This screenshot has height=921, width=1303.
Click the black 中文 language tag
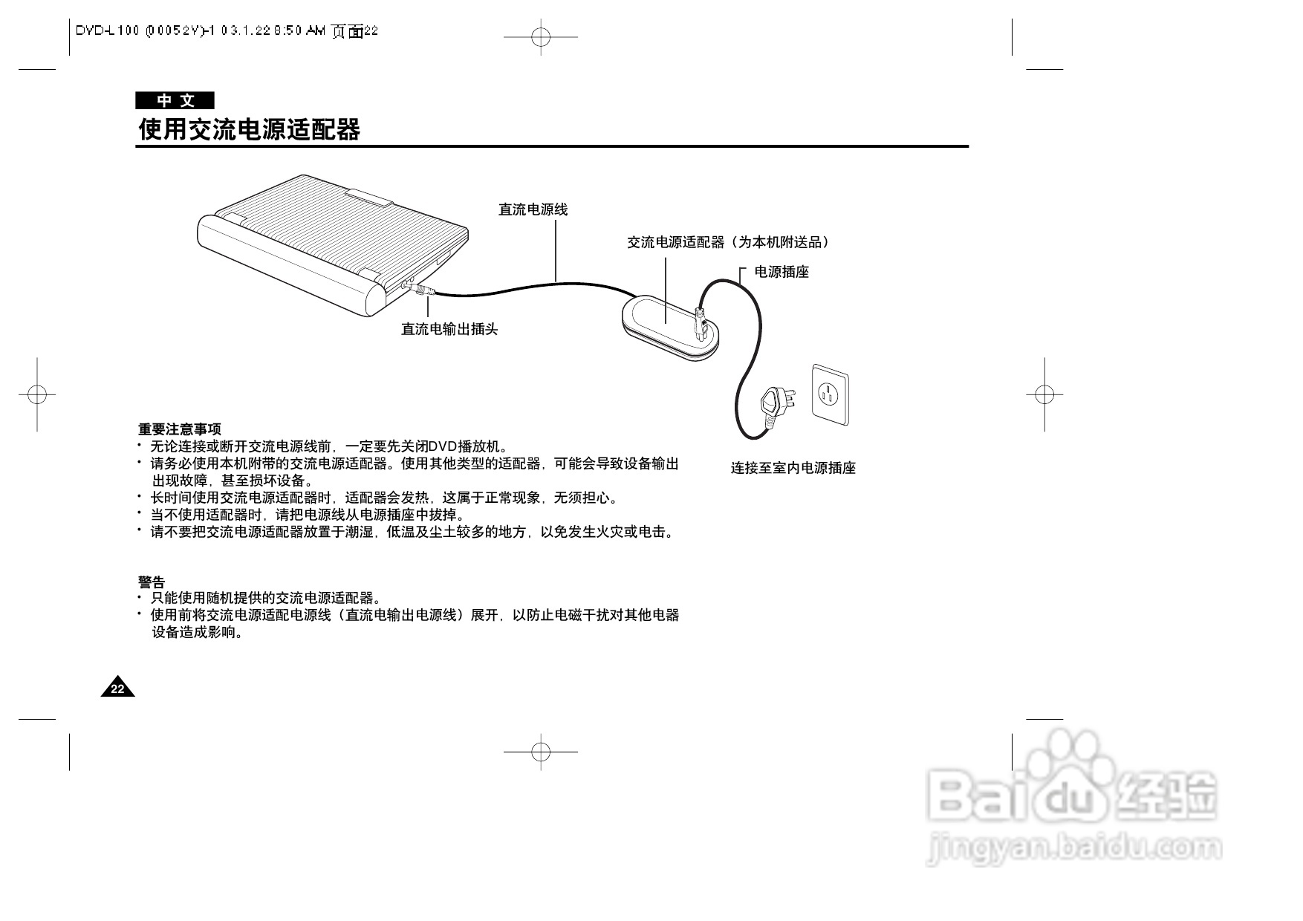click(175, 100)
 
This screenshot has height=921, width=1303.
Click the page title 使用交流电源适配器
click(250, 130)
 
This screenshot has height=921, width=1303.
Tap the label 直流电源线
click(533, 210)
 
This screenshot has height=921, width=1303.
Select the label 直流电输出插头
click(449, 329)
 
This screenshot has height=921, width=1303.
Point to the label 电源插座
click(782, 272)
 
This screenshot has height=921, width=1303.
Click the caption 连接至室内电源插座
click(793, 468)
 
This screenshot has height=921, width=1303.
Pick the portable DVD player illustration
click(327, 238)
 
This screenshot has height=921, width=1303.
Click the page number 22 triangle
click(118, 689)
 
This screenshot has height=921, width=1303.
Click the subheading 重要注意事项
click(180, 429)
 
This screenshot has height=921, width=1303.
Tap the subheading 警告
click(152, 582)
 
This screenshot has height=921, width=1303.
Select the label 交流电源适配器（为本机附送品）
click(728, 242)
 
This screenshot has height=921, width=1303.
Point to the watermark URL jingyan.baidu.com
click(1074, 848)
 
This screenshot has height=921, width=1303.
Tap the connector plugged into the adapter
click(700, 322)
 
